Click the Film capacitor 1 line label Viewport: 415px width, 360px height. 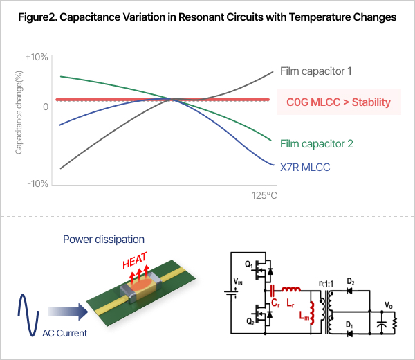coord(316,71)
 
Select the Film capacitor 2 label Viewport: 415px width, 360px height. coord(317,144)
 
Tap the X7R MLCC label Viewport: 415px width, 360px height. coord(305,167)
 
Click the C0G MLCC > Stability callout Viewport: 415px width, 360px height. coord(338,102)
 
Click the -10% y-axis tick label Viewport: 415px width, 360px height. coord(37,183)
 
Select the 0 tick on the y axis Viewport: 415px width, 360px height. coord(45,107)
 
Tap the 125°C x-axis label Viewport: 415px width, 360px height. coord(263,196)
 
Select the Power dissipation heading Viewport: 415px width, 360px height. coord(104,240)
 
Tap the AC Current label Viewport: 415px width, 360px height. coord(65,333)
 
